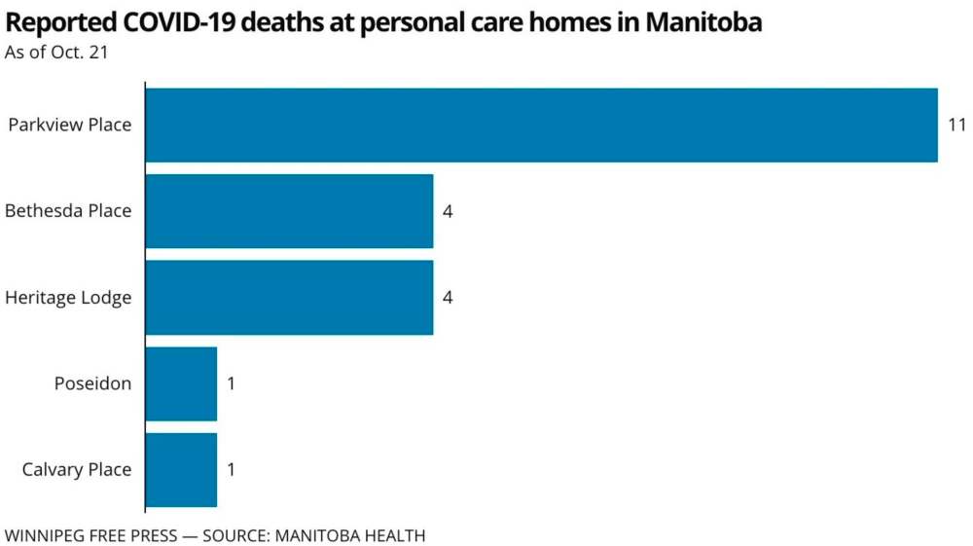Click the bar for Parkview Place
(x=541, y=126)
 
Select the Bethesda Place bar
(x=289, y=211)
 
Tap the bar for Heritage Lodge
(x=289, y=297)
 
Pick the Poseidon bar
(x=181, y=383)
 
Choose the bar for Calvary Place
(x=181, y=469)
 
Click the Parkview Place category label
(x=69, y=126)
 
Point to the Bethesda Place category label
(x=68, y=211)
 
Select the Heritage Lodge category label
(x=68, y=298)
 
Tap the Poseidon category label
(x=92, y=383)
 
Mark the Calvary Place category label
(x=77, y=469)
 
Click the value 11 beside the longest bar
(x=956, y=126)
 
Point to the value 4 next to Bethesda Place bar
(x=448, y=211)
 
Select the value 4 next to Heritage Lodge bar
(x=448, y=297)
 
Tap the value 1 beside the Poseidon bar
(x=232, y=383)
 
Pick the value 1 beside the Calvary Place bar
(x=232, y=469)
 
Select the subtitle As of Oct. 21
(x=55, y=53)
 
